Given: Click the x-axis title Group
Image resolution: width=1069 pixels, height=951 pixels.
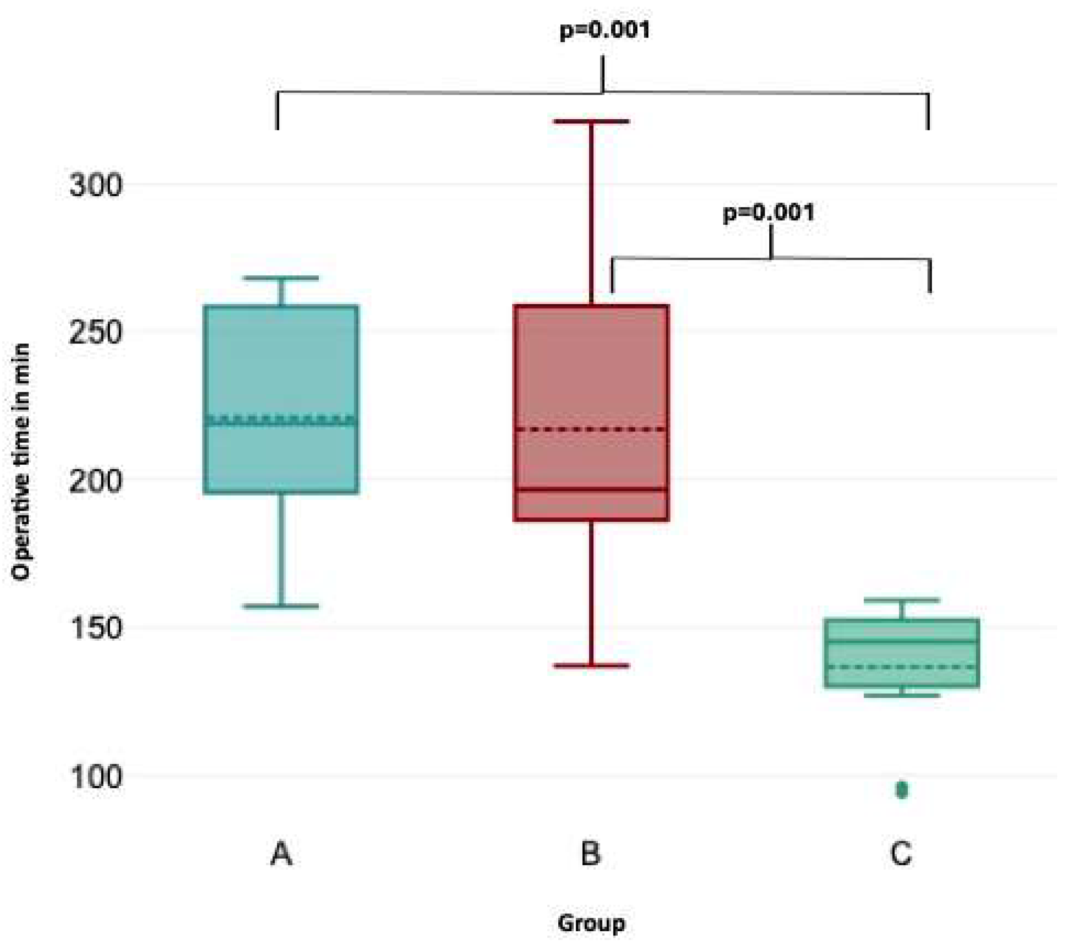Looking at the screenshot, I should (x=591, y=923).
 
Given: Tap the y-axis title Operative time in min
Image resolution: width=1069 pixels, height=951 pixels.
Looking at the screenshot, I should (x=21, y=462).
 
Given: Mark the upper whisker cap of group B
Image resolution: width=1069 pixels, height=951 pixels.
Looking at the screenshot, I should (x=592, y=121).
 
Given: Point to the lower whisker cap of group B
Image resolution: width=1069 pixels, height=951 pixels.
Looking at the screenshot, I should (x=592, y=666).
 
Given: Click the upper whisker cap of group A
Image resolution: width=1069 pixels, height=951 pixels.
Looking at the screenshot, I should (x=281, y=278).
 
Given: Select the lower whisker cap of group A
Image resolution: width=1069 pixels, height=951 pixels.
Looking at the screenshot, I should (x=281, y=607).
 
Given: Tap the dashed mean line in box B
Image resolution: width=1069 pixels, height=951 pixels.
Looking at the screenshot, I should (x=592, y=429).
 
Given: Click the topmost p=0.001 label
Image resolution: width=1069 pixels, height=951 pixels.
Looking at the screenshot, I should (x=605, y=30).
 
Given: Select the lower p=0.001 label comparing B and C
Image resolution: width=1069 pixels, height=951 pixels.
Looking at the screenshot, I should (x=768, y=213).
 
